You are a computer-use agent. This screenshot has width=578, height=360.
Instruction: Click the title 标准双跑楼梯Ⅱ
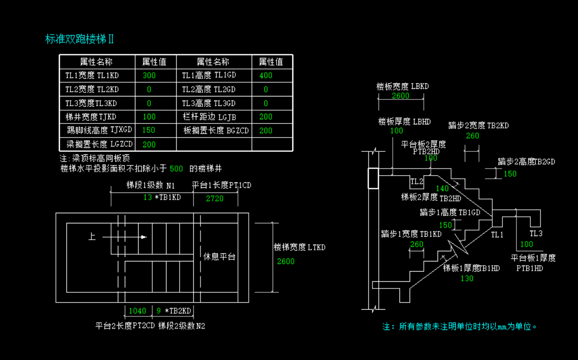pyautogui.click(x=80, y=39)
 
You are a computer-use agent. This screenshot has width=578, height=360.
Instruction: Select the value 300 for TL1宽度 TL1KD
pyautogui.click(x=149, y=76)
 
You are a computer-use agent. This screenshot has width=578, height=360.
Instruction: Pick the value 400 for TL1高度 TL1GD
pyautogui.click(x=266, y=76)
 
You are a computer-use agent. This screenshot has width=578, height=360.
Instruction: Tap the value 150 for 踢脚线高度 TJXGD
pyautogui.click(x=149, y=130)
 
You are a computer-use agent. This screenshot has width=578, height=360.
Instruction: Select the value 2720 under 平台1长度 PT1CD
pyautogui.click(x=215, y=199)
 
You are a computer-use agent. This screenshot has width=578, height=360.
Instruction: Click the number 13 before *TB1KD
pyautogui.click(x=147, y=197)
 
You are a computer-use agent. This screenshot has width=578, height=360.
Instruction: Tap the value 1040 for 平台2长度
pyautogui.click(x=137, y=311)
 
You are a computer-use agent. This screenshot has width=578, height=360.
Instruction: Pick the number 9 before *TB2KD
pyautogui.click(x=159, y=311)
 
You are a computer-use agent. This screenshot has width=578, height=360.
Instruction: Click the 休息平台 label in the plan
pyautogui.click(x=220, y=257)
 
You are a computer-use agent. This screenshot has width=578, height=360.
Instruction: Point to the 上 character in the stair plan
pyautogui.click(x=92, y=237)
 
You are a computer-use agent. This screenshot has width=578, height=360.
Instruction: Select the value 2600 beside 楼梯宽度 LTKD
pyautogui.click(x=286, y=261)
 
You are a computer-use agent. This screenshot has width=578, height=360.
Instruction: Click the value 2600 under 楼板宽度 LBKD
pyautogui.click(x=400, y=96)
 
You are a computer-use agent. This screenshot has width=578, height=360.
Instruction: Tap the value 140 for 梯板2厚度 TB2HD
pyautogui.click(x=443, y=188)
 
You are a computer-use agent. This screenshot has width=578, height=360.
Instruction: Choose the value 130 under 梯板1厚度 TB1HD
pyautogui.click(x=466, y=278)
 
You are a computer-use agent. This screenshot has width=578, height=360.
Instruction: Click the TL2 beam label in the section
pyautogui.click(x=417, y=181)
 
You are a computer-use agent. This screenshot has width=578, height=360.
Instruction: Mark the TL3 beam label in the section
pyautogui.click(x=536, y=234)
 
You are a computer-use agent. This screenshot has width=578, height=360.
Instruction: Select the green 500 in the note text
pyautogui.click(x=176, y=169)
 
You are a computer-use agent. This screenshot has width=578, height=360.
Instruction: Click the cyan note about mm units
pyautogui.click(x=460, y=326)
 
